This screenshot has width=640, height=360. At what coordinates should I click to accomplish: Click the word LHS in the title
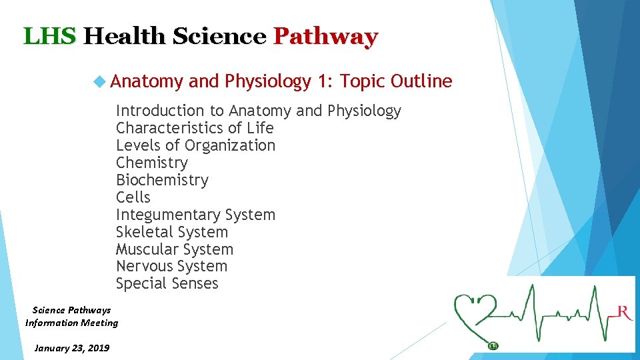click(x=50, y=36)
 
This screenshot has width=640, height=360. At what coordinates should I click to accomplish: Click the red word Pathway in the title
click(x=325, y=36)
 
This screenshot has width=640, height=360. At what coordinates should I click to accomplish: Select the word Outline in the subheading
click(x=421, y=81)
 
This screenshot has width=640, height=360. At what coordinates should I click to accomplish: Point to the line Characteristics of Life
click(x=195, y=128)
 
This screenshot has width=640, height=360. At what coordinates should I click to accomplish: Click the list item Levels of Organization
click(x=195, y=145)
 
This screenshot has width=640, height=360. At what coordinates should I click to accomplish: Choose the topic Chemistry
click(x=152, y=163)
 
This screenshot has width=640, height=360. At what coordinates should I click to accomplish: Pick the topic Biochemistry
click(x=162, y=180)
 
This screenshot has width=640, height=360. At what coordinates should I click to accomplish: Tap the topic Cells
click(x=133, y=197)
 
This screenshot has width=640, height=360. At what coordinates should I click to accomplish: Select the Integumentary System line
click(x=195, y=215)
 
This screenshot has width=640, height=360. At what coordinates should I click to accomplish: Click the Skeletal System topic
click(x=172, y=232)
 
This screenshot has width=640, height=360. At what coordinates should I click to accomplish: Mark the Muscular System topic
click(x=175, y=249)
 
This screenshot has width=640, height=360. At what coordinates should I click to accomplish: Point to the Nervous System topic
click(x=171, y=266)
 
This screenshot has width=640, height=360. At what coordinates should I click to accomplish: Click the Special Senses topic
click(x=167, y=283)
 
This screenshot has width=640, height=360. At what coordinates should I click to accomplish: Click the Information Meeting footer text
click(x=71, y=323)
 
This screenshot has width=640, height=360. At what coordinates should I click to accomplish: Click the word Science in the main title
click(x=219, y=36)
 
